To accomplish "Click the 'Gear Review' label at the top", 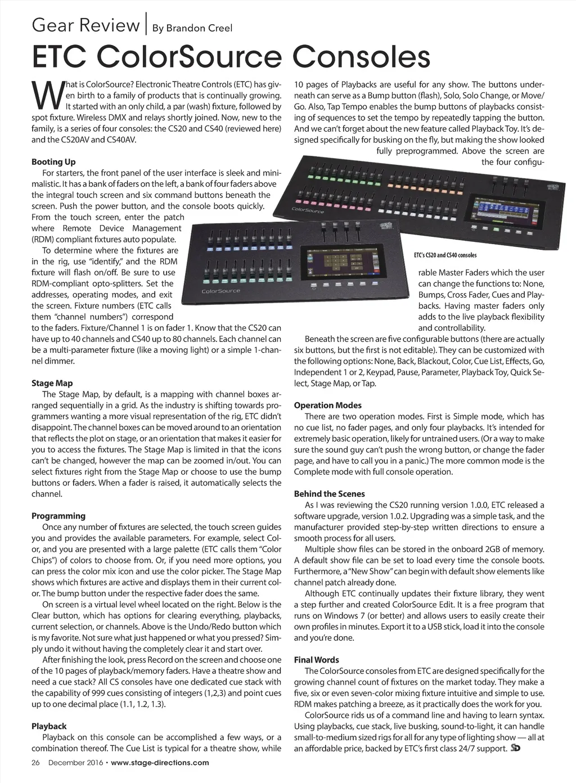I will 85,25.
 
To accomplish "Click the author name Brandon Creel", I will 192,28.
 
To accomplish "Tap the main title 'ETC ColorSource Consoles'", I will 231,57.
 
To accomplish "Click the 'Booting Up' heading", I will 53,162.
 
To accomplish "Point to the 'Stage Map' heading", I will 52,383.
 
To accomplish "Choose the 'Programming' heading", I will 58,516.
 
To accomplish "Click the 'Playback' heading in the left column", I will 49,726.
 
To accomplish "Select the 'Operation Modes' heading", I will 328,405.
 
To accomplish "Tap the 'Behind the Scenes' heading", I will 330,493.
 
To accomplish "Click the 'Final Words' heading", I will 317,659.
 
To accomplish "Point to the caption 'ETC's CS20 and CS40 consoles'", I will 445,255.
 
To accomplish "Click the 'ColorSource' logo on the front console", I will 220,291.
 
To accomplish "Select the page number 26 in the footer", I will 35,763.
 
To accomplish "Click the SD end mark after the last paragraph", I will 515,748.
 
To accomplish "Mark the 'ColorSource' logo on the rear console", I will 308,210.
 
